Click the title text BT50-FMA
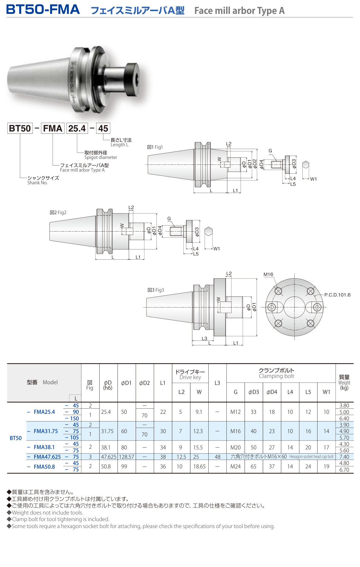coord(43,10)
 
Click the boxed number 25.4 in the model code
coord(77,128)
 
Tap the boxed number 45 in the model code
coord(103,128)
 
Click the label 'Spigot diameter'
coord(101,157)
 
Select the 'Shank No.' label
coord(37,183)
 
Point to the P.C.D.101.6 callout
coord(337,295)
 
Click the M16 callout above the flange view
coord(268,274)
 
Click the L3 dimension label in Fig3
coord(204,338)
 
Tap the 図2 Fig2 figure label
coord(58,213)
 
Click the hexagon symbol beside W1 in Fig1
coord(306,165)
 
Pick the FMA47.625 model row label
coord(47,457)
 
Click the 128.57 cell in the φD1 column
coord(127,457)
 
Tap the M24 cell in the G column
coord(235,467)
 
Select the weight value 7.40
coord(344,457)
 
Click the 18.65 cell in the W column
coord(199,467)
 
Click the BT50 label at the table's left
coord(16,438)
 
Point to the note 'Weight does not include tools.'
coord(47,513)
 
